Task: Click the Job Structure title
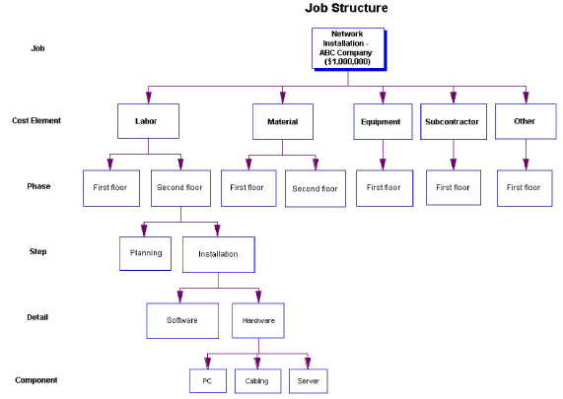point(346,8)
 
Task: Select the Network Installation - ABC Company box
point(347,47)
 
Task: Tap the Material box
point(282,122)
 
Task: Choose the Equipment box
point(381,122)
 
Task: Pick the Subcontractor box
point(453,122)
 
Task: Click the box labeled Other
point(524,121)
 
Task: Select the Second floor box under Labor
point(179,187)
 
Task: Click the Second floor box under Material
point(316,188)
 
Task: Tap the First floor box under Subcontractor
point(453,187)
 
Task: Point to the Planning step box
point(146,252)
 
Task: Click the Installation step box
point(217,253)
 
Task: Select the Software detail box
point(182,320)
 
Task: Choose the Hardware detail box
point(259,320)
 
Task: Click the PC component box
point(206,380)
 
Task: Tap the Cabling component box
point(256,380)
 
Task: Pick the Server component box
point(307,380)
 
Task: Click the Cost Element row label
point(36,121)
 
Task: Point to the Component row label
point(36,379)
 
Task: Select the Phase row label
point(37,185)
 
